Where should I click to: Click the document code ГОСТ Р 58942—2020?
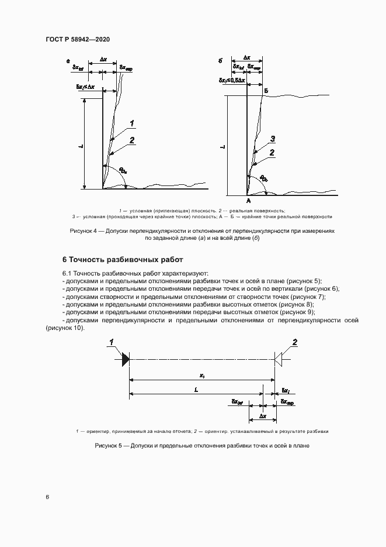pos(78,39)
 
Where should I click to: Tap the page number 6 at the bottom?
pos(47,497)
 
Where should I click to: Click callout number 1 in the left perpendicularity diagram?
pos(133,123)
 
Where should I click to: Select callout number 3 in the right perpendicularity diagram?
pos(272,139)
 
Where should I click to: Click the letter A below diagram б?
pos(247,201)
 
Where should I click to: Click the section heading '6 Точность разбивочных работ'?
pos(123,259)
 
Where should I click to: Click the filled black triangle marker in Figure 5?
pos(125,359)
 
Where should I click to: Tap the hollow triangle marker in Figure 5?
pos(279,359)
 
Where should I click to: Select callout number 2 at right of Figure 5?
pos(295,342)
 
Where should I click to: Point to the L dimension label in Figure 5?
pos(196,388)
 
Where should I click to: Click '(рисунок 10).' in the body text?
pos(64,328)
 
